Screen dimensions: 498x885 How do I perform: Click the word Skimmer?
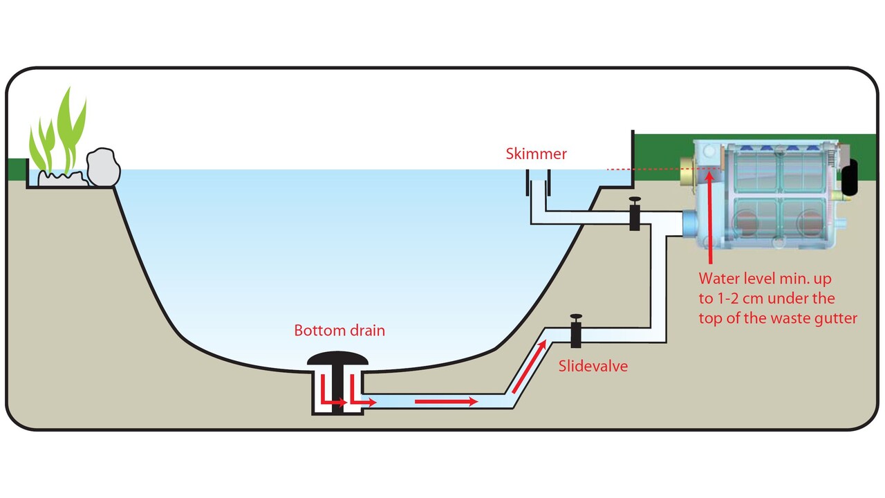coord(536,154)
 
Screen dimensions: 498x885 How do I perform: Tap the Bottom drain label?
coord(339,330)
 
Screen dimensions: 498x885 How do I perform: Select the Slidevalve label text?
coord(593,366)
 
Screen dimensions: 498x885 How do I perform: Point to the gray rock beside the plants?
coord(103,167)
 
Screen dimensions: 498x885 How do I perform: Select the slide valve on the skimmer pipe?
coord(635,214)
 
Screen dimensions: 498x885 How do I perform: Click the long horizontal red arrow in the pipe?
coord(446,400)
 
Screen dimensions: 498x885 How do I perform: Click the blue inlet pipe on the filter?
coord(691,225)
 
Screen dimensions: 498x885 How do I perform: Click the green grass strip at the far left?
coord(16,167)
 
